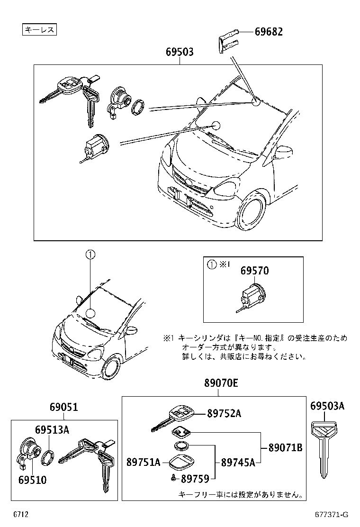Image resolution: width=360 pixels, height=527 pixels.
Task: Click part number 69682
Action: (x=269, y=32)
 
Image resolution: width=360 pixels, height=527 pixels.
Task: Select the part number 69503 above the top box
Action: (x=180, y=52)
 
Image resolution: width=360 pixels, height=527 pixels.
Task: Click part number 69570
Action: (x=254, y=271)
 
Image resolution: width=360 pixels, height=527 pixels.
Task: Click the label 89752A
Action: (x=224, y=413)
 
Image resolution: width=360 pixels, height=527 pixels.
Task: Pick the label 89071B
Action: (x=285, y=447)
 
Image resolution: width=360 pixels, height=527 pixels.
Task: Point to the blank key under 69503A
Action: (x=325, y=443)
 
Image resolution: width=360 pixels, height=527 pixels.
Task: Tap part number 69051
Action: (x=63, y=407)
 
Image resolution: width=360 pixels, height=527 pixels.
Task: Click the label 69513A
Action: (x=52, y=430)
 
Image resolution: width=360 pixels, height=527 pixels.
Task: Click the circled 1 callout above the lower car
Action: (x=90, y=254)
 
